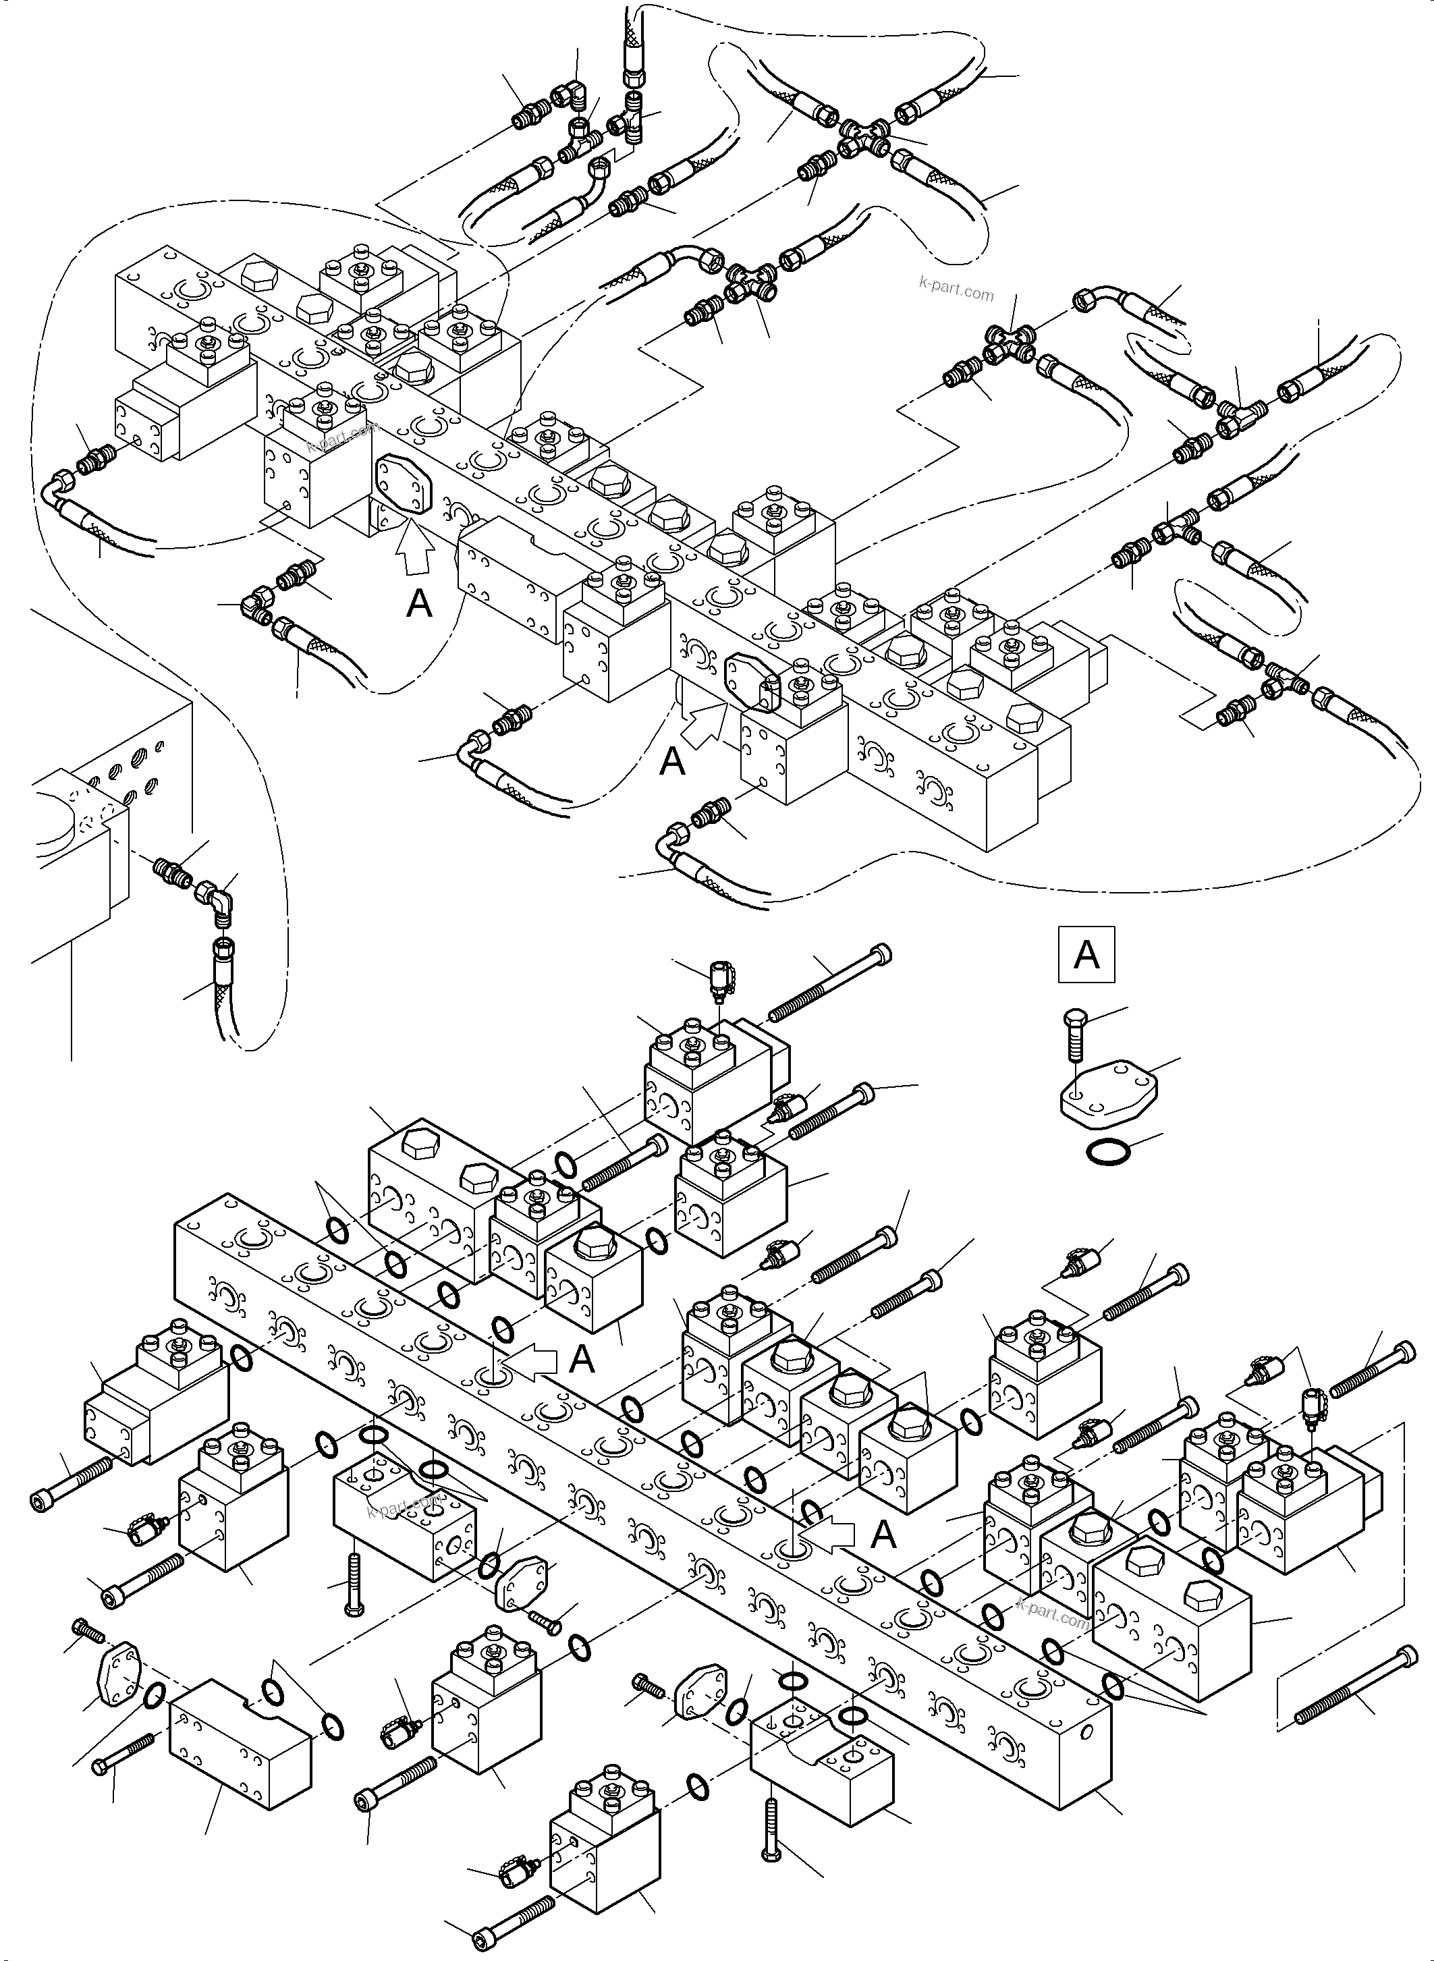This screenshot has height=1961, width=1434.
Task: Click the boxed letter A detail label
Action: tap(1086, 955)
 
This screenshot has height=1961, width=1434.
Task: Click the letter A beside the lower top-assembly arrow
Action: tap(673, 762)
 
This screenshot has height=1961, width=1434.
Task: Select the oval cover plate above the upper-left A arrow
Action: tap(403, 488)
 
